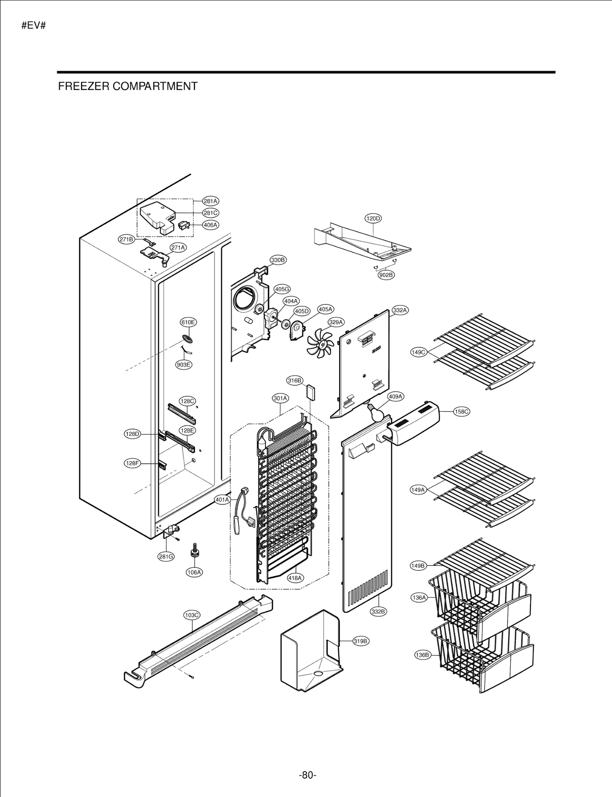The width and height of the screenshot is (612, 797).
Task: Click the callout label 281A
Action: (210, 201)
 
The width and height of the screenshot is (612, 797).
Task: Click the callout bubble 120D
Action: (373, 218)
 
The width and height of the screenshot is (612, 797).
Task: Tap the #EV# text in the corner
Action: (34, 26)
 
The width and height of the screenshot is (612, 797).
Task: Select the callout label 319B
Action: (360, 641)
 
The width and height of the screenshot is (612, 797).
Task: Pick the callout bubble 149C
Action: (418, 352)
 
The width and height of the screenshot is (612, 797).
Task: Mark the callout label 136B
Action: (422, 655)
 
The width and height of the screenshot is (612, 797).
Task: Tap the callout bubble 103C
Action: (192, 615)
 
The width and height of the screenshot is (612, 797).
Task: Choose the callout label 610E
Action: (188, 322)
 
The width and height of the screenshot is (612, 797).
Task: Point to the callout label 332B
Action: (378, 611)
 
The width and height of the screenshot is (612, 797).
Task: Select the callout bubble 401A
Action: (222, 500)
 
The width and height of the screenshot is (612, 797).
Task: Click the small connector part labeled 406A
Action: (184, 225)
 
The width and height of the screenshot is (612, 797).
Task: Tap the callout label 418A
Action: (295, 578)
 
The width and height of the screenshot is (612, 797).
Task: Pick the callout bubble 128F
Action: (132, 463)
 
